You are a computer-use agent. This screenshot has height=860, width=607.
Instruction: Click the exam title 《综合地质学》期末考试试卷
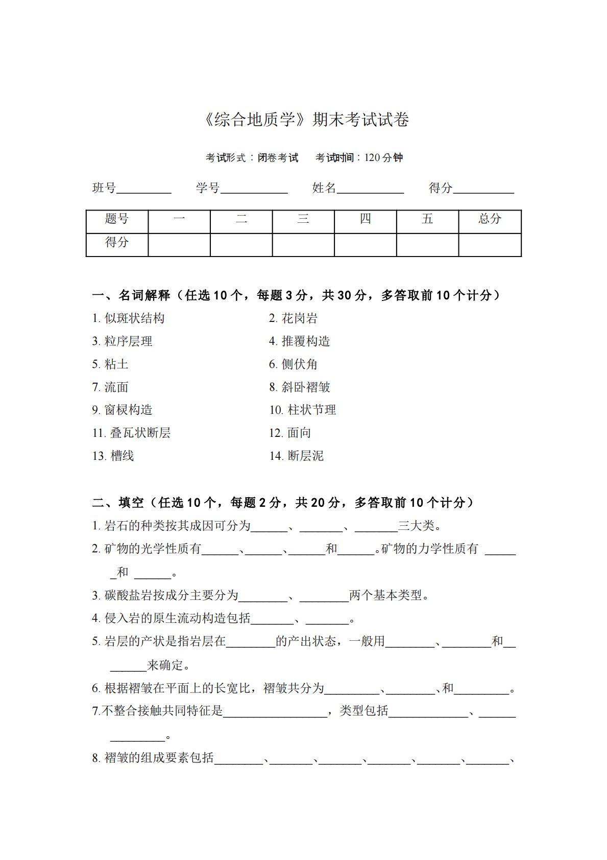[306, 120]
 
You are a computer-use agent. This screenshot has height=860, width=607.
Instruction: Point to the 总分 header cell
[490, 219]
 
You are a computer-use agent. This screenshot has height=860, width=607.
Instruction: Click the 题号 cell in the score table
[117, 219]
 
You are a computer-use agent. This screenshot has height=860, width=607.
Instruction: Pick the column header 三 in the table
[303, 219]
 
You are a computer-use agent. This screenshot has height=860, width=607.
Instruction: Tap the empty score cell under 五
[427, 244]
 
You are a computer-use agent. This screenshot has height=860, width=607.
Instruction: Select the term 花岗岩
[299, 318]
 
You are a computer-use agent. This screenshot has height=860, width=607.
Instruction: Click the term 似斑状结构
[134, 318]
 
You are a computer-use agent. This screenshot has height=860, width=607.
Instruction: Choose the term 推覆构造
[306, 341]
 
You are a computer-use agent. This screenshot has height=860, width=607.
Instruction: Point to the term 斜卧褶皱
[306, 387]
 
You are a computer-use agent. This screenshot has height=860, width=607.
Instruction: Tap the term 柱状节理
[311, 410]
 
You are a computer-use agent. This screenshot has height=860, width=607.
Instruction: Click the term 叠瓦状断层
[140, 433]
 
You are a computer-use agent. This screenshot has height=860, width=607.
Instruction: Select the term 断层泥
[305, 456]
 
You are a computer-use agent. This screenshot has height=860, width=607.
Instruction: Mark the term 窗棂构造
[128, 410]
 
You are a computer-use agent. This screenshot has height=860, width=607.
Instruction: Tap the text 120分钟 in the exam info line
[383, 158]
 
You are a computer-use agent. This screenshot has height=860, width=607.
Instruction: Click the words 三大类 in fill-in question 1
[416, 525]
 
